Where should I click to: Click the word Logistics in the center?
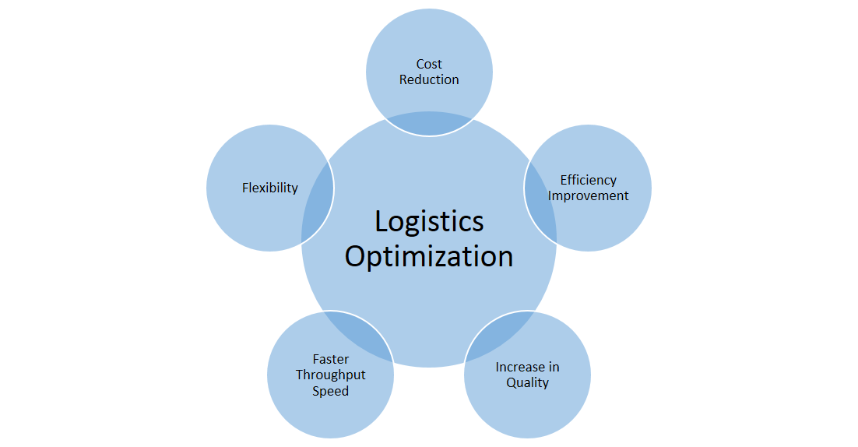pos(429,222)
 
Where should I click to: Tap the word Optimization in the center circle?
pos(429,257)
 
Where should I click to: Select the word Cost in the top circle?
pos(429,64)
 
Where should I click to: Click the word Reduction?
pos(429,79)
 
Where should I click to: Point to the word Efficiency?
pos(588,180)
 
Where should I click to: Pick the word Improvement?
pos(588,195)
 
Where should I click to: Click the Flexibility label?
pos(269,188)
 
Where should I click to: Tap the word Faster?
pos(330,359)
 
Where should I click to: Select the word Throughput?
pos(330,375)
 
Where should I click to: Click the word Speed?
pos(330,391)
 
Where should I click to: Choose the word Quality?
pos(527,382)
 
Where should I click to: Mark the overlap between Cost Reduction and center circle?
pos(429,124)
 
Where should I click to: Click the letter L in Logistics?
pos(381,222)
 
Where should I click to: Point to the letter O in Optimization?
pos(356,256)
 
